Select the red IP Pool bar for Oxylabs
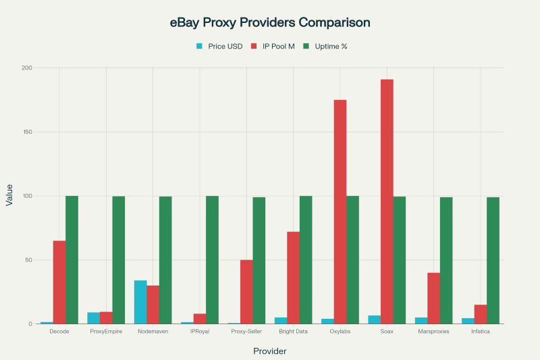pos(340,212)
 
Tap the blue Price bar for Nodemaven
pos(140,302)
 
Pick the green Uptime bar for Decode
pos(72,260)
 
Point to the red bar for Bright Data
pos(293,278)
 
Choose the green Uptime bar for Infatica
pos(493,261)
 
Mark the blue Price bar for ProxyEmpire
pos(94,318)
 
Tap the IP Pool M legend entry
pos(277,46)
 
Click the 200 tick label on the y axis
pos(26,68)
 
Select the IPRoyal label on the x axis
pos(200,332)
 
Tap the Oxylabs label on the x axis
pos(340,332)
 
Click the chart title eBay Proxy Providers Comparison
pos(270,22)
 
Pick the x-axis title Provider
pos(270,351)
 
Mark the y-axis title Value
pos(9,196)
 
